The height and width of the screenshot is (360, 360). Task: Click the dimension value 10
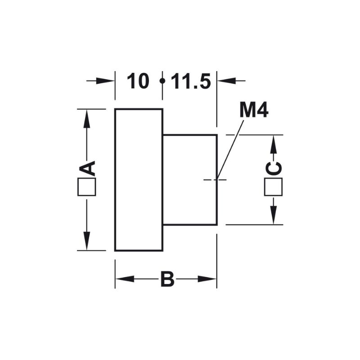click(138, 81)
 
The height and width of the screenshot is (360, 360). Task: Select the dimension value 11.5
click(191, 81)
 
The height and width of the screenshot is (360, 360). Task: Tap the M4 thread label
click(254, 110)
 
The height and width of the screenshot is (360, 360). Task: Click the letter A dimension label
click(87, 168)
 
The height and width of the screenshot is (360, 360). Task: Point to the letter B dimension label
click(167, 279)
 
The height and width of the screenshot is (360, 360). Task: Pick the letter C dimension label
click(274, 169)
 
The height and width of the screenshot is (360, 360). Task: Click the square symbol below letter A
click(87, 187)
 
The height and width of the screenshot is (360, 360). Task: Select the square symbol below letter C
click(273, 187)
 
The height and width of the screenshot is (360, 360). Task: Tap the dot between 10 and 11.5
click(162, 81)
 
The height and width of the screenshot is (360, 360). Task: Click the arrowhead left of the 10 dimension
click(105, 81)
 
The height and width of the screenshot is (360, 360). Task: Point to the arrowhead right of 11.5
click(227, 81)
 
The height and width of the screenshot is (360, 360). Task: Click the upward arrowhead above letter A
click(86, 118)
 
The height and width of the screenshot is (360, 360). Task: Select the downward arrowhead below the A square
click(86, 241)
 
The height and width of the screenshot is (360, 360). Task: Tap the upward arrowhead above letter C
click(273, 144)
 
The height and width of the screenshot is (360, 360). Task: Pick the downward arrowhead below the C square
click(273, 215)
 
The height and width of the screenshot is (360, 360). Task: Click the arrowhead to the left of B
click(125, 279)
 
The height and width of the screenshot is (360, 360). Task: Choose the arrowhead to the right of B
click(207, 279)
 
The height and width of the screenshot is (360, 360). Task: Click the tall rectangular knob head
click(139, 180)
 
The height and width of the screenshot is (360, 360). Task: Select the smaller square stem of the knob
click(190, 180)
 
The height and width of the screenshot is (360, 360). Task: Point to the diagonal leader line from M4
click(230, 150)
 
